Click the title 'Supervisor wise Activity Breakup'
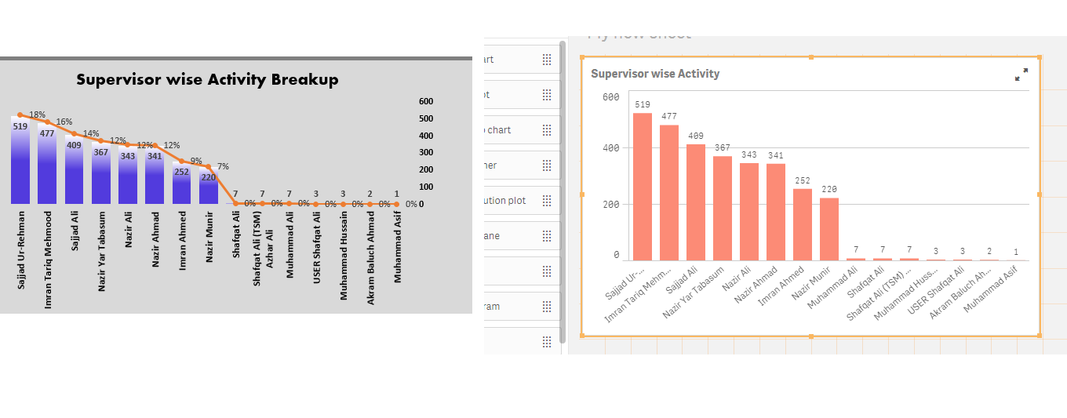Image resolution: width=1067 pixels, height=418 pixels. click(207, 79)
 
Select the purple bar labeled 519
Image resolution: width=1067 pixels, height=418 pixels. click(20, 165)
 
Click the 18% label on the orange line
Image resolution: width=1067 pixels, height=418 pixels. click(38, 114)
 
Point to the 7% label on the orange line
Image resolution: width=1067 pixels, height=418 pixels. click(223, 166)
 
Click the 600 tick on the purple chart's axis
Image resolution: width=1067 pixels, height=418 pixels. click(426, 101)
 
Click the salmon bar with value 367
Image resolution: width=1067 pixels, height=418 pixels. click(723, 208)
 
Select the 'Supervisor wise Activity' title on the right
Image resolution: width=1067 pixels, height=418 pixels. click(655, 74)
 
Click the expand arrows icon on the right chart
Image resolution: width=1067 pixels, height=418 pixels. click(1021, 75)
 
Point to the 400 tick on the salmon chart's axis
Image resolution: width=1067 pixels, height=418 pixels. click(610, 147)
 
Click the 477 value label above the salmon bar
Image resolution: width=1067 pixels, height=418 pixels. click(669, 116)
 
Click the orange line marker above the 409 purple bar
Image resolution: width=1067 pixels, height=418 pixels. click(75, 133)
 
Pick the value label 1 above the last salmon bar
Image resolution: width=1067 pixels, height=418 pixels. click(1016, 252)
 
